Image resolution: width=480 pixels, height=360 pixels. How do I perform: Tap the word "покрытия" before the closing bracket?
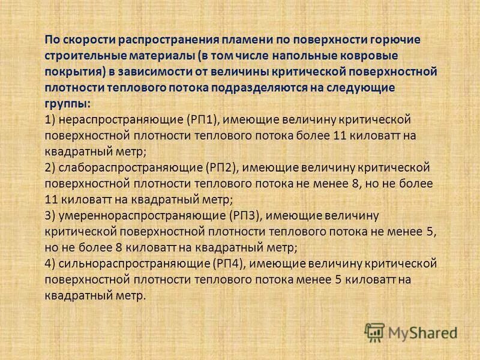pyautogui.click(x=71, y=72)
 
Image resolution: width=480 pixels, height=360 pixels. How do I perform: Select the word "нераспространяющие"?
pyautogui.click(x=116, y=119)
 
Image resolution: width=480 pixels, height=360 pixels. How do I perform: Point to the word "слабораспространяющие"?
pyautogui.click(x=123, y=167)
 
